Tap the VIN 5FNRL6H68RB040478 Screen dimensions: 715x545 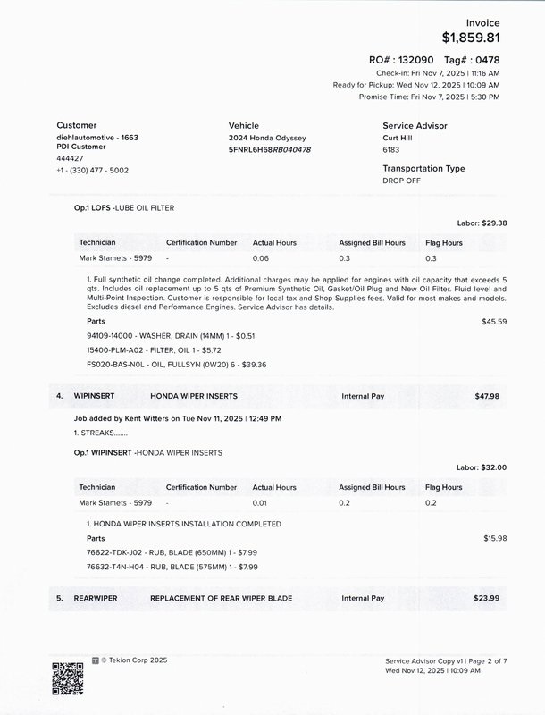pos(270,149)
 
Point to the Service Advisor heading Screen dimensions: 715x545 pos(415,126)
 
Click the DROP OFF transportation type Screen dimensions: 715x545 pos(401,181)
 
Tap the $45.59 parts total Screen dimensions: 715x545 pos(494,320)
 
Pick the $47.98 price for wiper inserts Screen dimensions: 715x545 pos(487,394)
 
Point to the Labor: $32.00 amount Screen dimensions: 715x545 pos(482,467)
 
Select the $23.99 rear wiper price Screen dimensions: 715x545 pos(487,598)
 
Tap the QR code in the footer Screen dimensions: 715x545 pos(66,677)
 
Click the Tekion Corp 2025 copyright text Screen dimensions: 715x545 pos(133,660)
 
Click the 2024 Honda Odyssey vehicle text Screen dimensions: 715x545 pos(267,139)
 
